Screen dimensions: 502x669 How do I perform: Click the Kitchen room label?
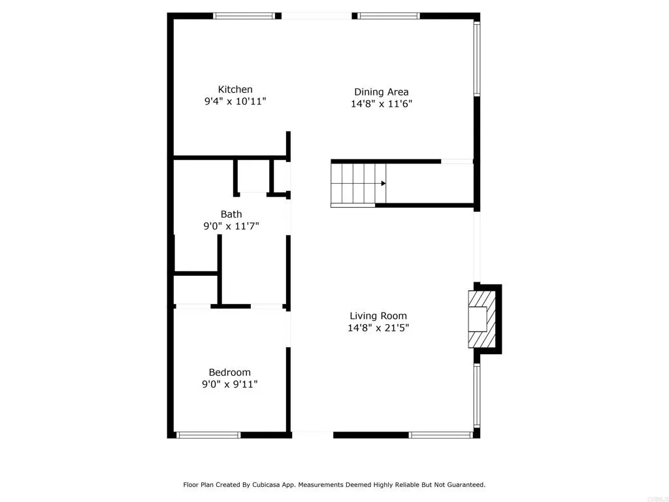[235, 90]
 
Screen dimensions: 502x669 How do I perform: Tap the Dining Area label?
[382, 92]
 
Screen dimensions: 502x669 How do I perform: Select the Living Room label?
[378, 316]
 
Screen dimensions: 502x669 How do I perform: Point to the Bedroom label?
[229, 373]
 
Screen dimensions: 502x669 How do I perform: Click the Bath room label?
[231, 214]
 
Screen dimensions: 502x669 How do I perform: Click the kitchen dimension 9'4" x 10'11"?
[235, 102]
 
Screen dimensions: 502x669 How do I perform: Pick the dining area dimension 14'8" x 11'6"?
[382, 104]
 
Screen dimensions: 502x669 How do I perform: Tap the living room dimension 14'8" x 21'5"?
[378, 328]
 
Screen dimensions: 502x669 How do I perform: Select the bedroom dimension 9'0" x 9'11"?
[229, 385]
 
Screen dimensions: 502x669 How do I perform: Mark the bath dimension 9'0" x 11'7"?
[231, 227]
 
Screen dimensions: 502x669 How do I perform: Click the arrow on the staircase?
[383, 184]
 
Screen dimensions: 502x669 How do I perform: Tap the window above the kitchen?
[244, 16]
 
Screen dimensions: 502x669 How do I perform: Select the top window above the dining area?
[388, 16]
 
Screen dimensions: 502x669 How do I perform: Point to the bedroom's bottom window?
[208, 435]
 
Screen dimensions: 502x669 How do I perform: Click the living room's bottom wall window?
[440, 435]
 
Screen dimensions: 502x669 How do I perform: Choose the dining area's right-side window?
[477, 59]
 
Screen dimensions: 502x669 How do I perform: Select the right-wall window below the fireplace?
[477, 396]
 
